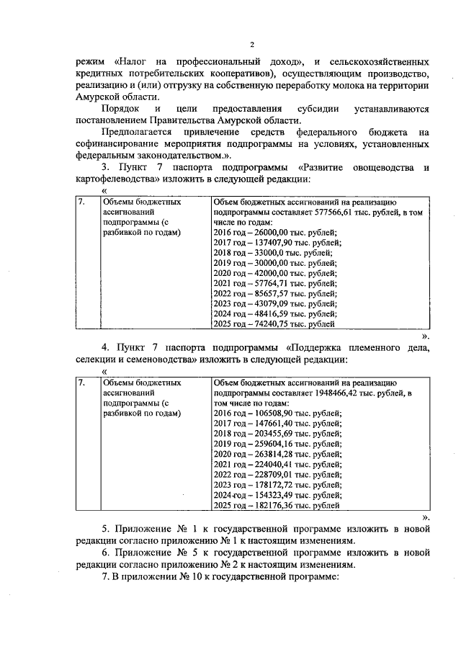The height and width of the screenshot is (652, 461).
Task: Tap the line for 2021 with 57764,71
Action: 262,284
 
